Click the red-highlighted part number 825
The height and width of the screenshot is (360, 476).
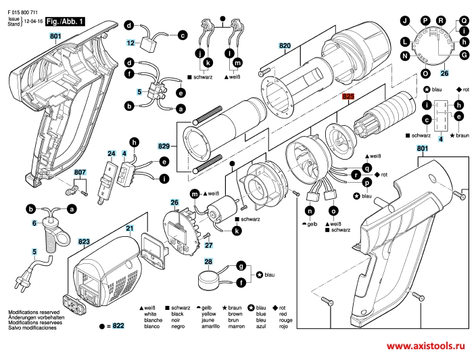pos(348,97)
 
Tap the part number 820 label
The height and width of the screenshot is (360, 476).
pos(284,46)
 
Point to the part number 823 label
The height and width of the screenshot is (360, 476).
pos(84,240)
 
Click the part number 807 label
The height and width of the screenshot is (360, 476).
pos(80,172)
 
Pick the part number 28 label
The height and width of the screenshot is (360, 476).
pos(208,261)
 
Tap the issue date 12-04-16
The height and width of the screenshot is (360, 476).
pos(34,22)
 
